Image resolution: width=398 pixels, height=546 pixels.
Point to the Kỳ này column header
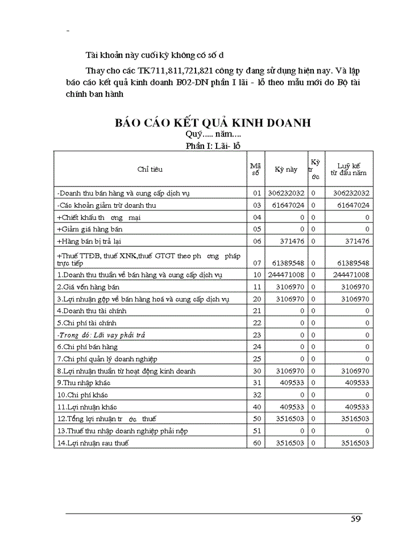tap(286, 169)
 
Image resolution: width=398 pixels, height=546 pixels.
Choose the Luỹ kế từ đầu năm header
tap(349, 169)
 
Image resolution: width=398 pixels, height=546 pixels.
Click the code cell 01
tap(256, 193)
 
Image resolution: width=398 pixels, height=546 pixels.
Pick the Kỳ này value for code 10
tap(287, 275)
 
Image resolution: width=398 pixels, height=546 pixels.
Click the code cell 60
tap(256, 442)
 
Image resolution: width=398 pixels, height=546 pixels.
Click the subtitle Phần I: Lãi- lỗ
tap(213, 146)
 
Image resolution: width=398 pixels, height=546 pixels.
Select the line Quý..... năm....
tap(213, 135)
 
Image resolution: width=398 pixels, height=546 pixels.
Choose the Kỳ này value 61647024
tap(287, 205)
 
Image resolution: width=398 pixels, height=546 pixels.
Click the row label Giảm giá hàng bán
tap(89, 229)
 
